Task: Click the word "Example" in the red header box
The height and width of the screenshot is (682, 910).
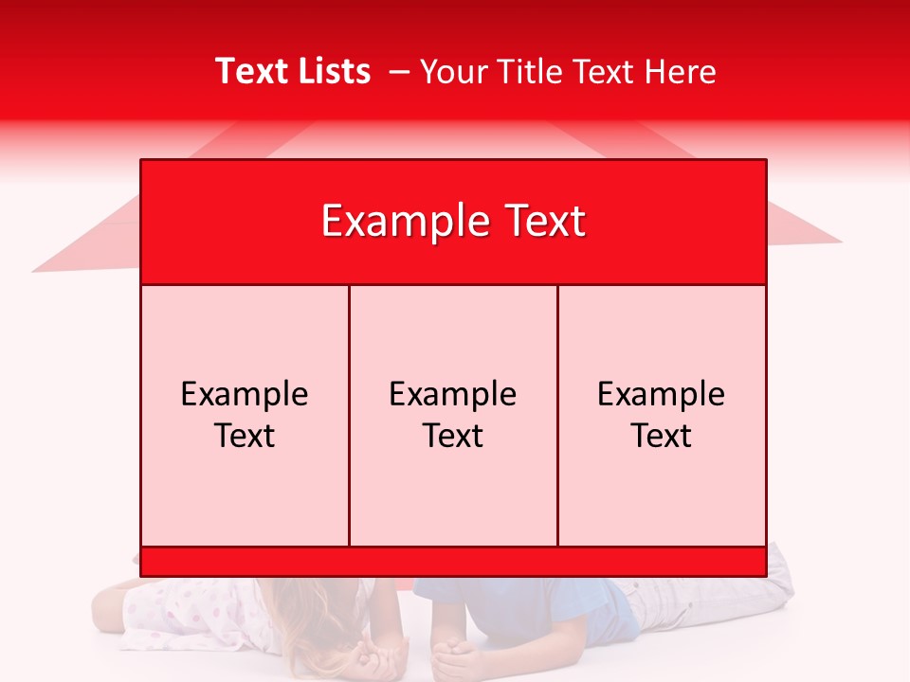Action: (402, 222)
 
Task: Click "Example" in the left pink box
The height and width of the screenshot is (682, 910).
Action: (245, 394)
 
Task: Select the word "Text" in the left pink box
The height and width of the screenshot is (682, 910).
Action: (245, 436)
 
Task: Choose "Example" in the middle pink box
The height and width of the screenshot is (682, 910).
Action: (453, 394)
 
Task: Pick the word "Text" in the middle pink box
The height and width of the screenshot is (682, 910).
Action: (453, 436)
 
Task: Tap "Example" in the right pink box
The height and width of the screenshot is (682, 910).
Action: (662, 394)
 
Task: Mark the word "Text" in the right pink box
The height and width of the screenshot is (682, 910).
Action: (662, 436)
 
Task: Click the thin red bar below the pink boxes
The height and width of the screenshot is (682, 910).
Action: (453, 562)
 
